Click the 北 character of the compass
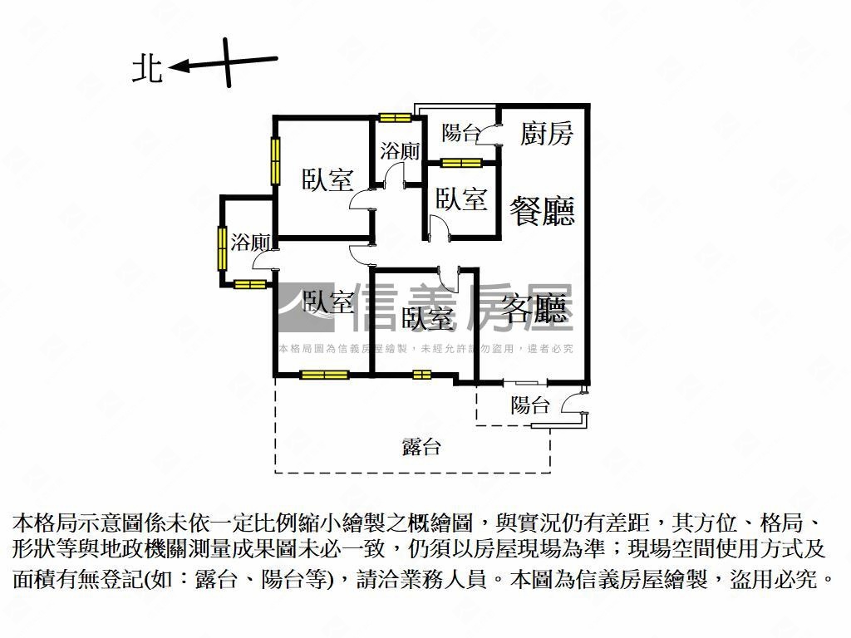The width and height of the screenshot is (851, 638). click(148, 69)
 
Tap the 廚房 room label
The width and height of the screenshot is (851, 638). click(546, 132)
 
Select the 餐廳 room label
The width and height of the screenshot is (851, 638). click(542, 209)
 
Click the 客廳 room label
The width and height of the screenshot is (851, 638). click(539, 309)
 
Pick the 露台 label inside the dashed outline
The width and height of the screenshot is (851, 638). click(421, 447)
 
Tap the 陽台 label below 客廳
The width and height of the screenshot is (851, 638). click(529, 405)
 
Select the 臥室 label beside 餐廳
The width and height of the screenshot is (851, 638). click(460, 199)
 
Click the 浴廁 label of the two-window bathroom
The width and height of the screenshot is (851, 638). click(250, 243)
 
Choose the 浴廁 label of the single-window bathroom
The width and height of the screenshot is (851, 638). click(399, 151)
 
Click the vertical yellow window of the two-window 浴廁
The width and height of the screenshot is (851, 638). click(223, 247)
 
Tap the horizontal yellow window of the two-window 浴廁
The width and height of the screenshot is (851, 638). click(249, 285)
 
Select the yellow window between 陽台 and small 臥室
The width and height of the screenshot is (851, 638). click(461, 162)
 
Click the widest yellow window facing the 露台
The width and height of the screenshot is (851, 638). click(324, 375)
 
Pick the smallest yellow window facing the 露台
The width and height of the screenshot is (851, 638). click(422, 375)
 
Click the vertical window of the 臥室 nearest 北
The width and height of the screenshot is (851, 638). click(275, 159)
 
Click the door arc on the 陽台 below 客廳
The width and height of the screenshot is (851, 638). click(573, 404)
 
